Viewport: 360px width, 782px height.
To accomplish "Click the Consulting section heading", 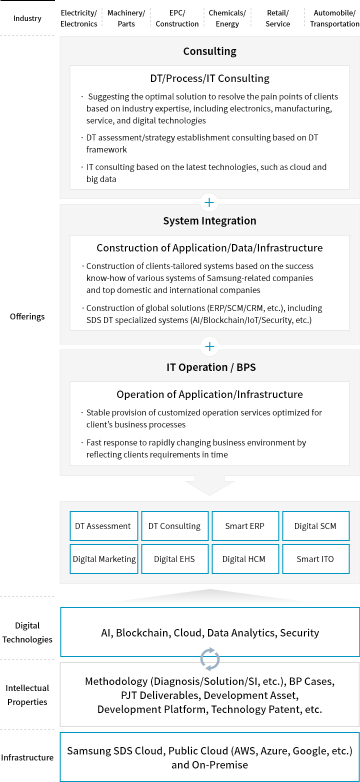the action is coord(209,51).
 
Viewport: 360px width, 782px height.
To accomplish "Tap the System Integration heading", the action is coord(209,220).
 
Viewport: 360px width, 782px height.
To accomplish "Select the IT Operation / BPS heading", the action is coord(211,367).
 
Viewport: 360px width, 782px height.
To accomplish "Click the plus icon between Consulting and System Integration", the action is coord(209,202).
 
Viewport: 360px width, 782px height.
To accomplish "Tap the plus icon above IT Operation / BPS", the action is coord(209,346).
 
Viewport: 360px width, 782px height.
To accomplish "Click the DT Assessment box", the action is coord(103,526).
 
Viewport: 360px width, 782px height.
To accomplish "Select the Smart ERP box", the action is coord(245,526).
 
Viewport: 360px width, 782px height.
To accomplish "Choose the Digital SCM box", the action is coord(315,526).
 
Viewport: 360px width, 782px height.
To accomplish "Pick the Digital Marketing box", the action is coord(103,559).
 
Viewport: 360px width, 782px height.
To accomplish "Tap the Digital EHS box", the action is coord(174,559).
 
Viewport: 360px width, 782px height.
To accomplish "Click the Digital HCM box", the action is coord(245,559).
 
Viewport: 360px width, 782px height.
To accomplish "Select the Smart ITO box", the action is coord(315,559).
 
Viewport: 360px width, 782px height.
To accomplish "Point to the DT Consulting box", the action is coord(174,526).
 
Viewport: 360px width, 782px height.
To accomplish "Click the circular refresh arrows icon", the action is coord(210,659).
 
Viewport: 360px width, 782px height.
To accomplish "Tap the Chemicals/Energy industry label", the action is coord(227,18).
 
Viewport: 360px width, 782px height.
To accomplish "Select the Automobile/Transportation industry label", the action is coord(334,18).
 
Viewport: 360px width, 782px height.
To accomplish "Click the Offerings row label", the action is coord(27,316).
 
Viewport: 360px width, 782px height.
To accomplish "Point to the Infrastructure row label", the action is coord(27,757).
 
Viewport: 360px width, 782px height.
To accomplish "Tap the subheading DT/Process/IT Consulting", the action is coord(209,78).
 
